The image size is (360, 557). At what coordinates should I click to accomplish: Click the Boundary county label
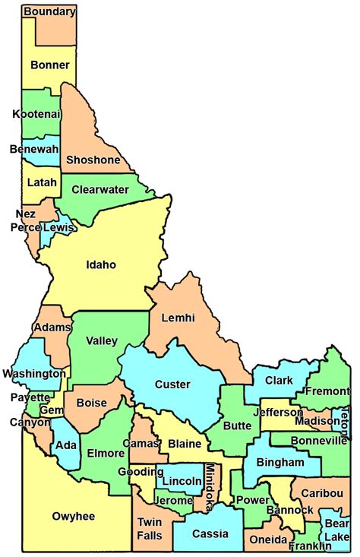[x=49, y=11]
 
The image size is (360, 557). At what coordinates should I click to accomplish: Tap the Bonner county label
[x=49, y=65]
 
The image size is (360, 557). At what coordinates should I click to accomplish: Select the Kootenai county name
[x=36, y=114]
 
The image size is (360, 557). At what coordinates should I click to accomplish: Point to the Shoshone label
[x=93, y=160]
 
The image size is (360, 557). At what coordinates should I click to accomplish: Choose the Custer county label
[x=172, y=384]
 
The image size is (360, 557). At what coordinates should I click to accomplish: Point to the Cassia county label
[x=210, y=533]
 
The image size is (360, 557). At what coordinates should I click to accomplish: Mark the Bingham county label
[x=280, y=462]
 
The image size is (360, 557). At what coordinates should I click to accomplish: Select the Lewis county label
[x=58, y=227]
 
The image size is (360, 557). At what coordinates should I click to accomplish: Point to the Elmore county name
[x=106, y=453]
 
